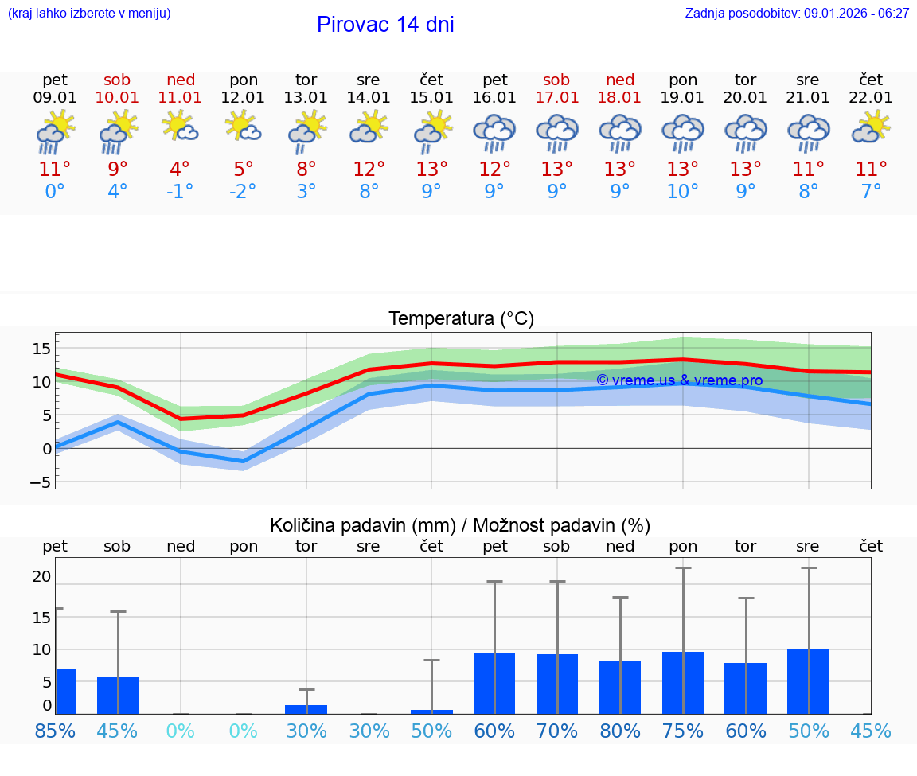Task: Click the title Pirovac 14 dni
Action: [x=385, y=25]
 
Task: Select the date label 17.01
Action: [x=557, y=98]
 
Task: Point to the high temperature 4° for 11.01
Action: [x=181, y=170]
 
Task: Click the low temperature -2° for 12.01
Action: [x=244, y=192]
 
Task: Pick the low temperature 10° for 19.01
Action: [x=683, y=192]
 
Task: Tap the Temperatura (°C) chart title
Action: [x=461, y=319]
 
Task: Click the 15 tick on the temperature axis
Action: [x=42, y=349]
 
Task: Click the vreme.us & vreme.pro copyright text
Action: [x=679, y=380]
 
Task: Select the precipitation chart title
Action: [x=460, y=525]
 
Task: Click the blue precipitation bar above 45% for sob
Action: [x=118, y=695]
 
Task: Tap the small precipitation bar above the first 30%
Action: [x=306, y=709]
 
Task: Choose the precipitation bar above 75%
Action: [x=683, y=683]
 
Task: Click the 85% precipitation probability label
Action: [x=55, y=731]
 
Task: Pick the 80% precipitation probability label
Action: [x=620, y=731]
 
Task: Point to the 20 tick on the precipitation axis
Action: [x=42, y=576]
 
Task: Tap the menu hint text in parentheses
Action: [x=89, y=14]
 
